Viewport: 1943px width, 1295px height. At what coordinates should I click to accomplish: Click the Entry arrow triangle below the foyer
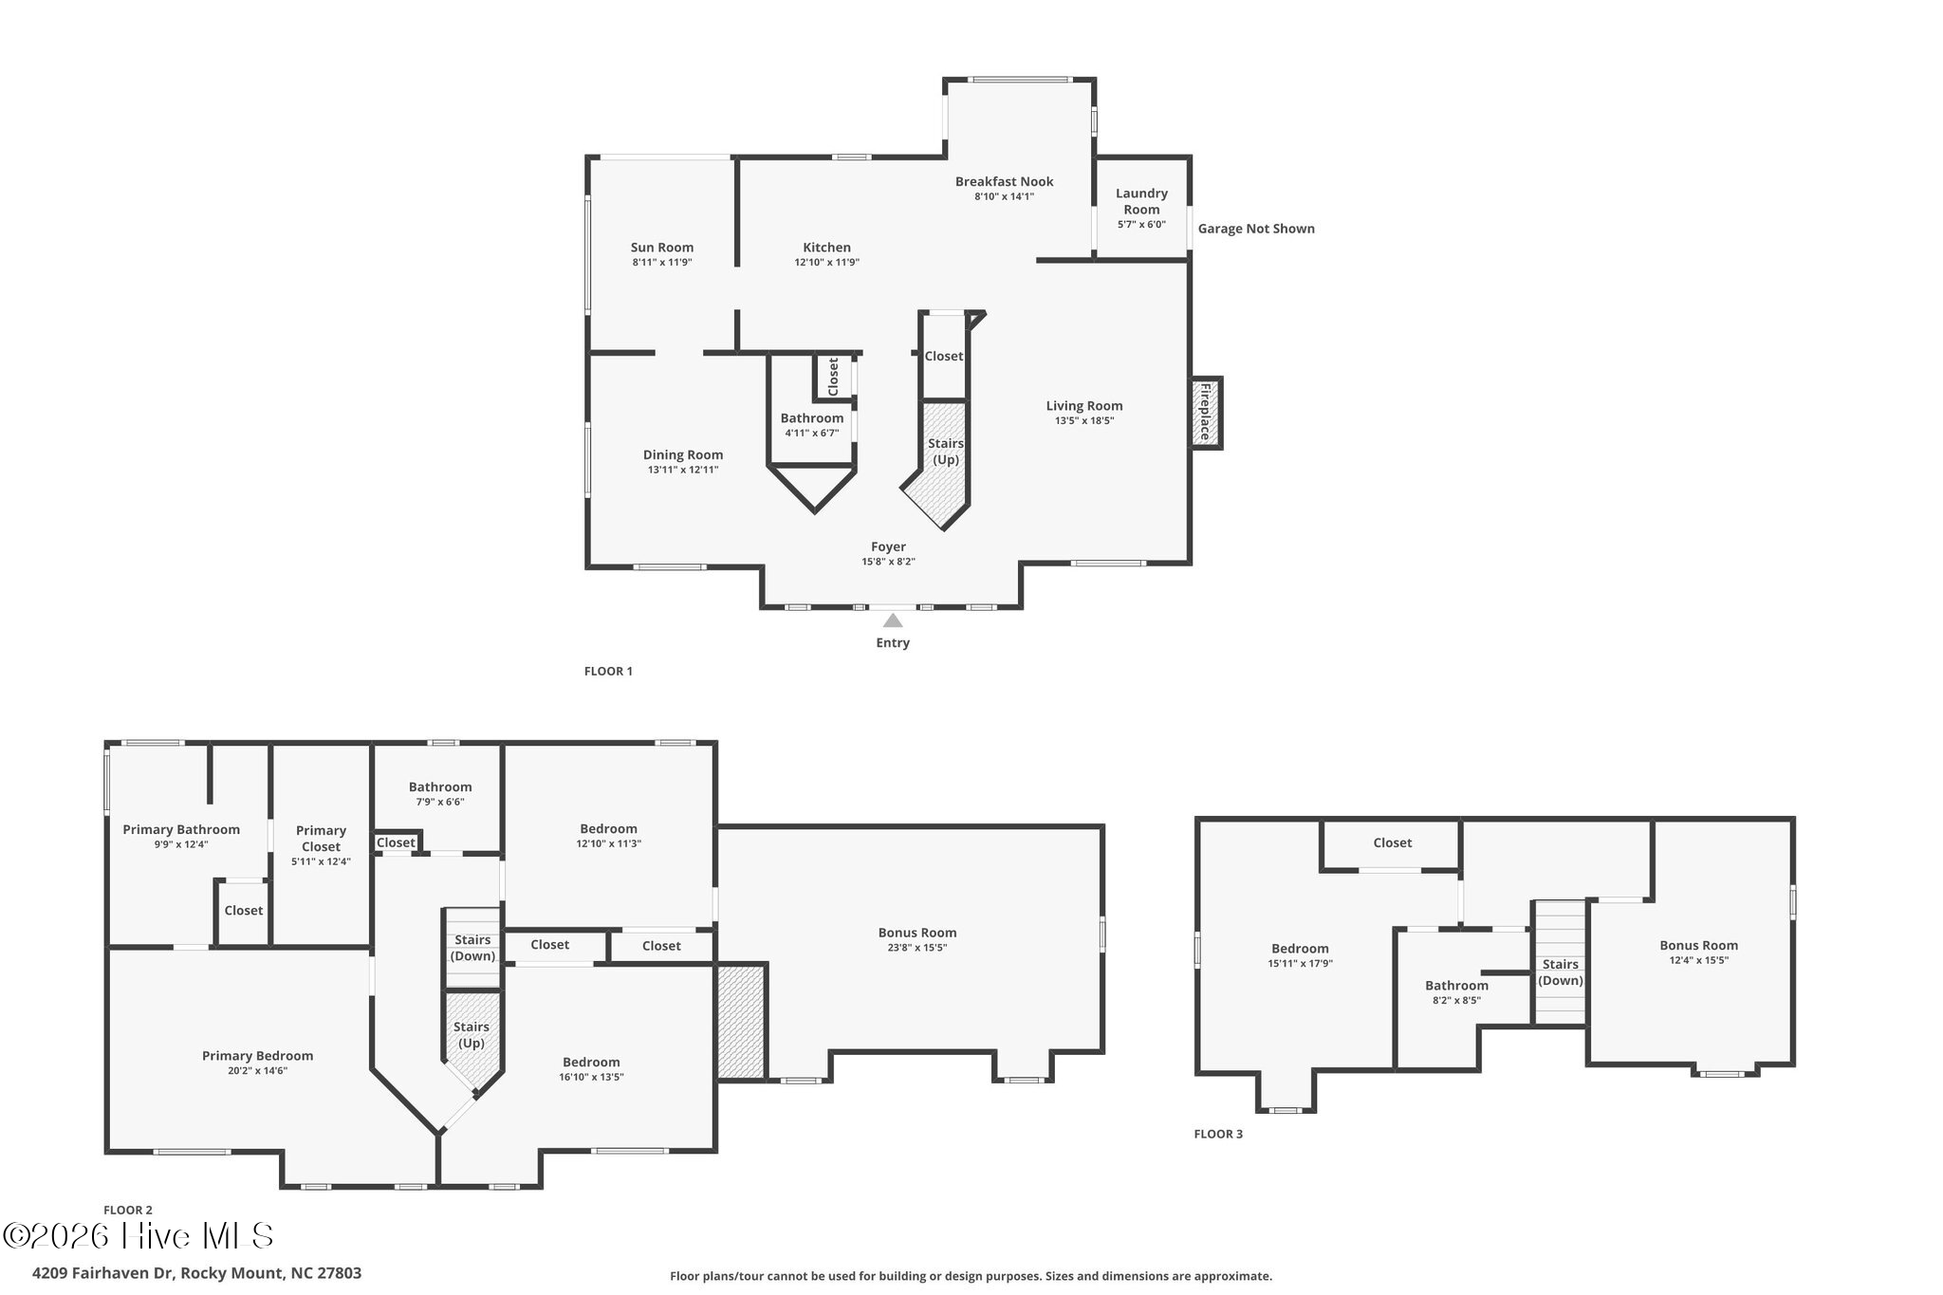(893, 620)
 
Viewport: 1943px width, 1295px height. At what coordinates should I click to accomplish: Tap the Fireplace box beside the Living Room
(1206, 413)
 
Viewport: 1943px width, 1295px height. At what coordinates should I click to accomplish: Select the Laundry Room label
(1141, 201)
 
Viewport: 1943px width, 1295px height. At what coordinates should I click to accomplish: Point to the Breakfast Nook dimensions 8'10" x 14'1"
(1004, 196)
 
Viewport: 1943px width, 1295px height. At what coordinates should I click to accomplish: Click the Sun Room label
(662, 248)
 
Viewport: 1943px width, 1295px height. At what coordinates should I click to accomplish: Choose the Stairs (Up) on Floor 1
(945, 452)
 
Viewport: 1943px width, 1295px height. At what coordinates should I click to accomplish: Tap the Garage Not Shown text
(1256, 229)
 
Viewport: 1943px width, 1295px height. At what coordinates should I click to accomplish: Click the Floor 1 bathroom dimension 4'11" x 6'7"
(812, 434)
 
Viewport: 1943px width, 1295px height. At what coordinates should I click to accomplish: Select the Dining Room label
(683, 454)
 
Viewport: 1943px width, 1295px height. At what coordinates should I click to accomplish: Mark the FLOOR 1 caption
(608, 671)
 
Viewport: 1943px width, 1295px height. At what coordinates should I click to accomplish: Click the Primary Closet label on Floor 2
(321, 839)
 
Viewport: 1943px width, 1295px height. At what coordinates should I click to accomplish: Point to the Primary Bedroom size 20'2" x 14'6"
(257, 1071)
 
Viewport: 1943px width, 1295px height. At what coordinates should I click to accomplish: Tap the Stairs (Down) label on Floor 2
(472, 948)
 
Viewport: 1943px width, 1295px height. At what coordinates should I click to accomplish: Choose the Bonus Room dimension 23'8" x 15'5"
(916, 948)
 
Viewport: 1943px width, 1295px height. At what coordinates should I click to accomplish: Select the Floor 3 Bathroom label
(1456, 986)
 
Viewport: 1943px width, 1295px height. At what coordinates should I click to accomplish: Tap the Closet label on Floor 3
(1393, 842)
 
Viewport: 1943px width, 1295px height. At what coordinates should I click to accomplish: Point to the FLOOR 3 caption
(1218, 1134)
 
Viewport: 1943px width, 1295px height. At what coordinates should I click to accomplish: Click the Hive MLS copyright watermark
(139, 1235)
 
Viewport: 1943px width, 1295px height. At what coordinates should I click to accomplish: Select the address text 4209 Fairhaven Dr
(104, 1273)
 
